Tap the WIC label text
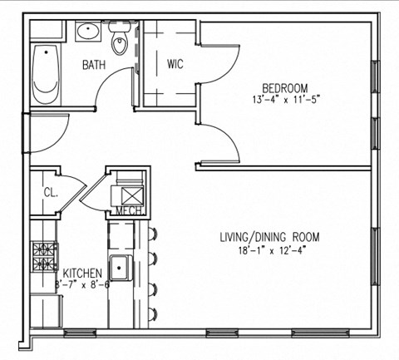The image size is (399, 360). point(175,64)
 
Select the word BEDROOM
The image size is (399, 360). point(285,88)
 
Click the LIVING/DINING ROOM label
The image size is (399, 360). point(269,237)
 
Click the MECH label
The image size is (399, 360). point(127,211)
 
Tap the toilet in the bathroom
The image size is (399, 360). point(121,42)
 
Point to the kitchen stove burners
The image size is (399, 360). point(42,256)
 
